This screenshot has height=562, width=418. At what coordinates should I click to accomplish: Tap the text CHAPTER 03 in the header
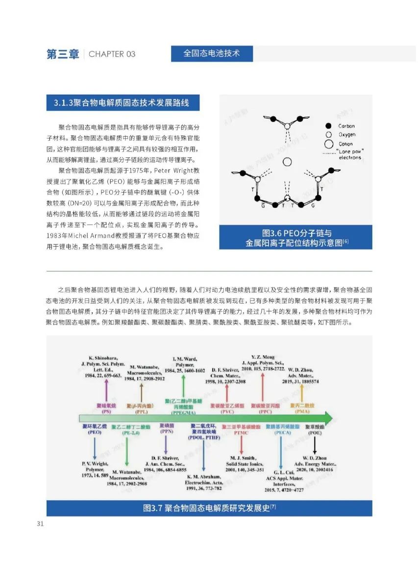click(112, 54)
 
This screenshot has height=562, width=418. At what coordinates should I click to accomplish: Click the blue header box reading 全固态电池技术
click(212, 53)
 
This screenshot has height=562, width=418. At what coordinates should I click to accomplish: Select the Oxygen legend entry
click(346, 135)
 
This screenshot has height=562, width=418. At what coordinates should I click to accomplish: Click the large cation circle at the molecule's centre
click(288, 162)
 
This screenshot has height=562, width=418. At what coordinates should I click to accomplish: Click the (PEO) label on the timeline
click(95, 433)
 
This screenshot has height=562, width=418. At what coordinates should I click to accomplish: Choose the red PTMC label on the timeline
click(241, 433)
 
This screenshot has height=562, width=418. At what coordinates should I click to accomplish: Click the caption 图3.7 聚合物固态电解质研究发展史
click(209, 508)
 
